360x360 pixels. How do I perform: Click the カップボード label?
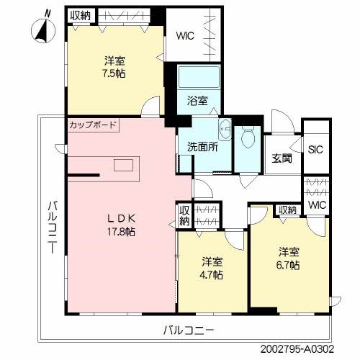[x=93, y=125]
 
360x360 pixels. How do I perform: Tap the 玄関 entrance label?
[x=282, y=158]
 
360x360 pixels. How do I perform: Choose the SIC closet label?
[x=315, y=150]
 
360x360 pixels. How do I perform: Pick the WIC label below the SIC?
[x=317, y=206]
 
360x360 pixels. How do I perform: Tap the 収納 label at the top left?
[x=81, y=14]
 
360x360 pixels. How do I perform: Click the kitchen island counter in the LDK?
[x=122, y=165]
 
